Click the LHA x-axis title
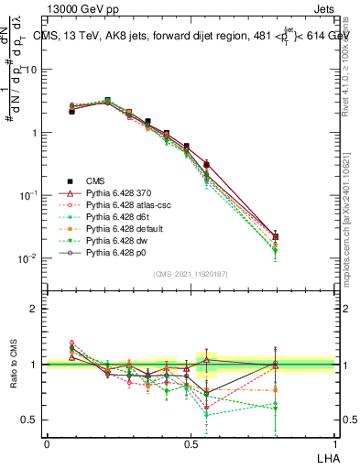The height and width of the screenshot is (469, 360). pyautogui.click(x=327, y=456)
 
